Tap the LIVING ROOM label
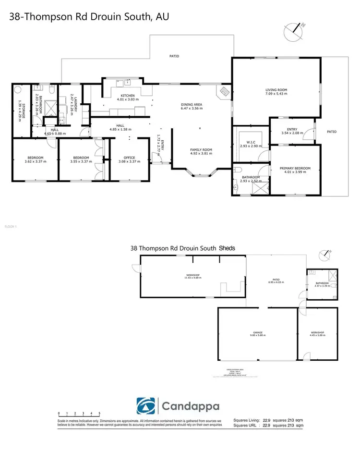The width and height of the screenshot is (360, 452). (x=276, y=90)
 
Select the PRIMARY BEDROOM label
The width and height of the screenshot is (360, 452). (x=295, y=168)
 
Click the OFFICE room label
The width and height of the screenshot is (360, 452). (x=129, y=158)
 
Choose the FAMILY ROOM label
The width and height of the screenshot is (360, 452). (x=201, y=150)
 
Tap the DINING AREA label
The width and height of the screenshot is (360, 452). (x=192, y=105)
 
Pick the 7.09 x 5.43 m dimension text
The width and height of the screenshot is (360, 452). (x=276, y=94)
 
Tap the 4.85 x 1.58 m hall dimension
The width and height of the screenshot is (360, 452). (x=120, y=129)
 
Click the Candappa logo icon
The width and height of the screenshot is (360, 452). (x=146, y=406)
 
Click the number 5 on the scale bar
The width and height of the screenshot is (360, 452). (x=99, y=413)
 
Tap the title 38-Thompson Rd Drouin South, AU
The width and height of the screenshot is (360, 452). (x=89, y=17)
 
